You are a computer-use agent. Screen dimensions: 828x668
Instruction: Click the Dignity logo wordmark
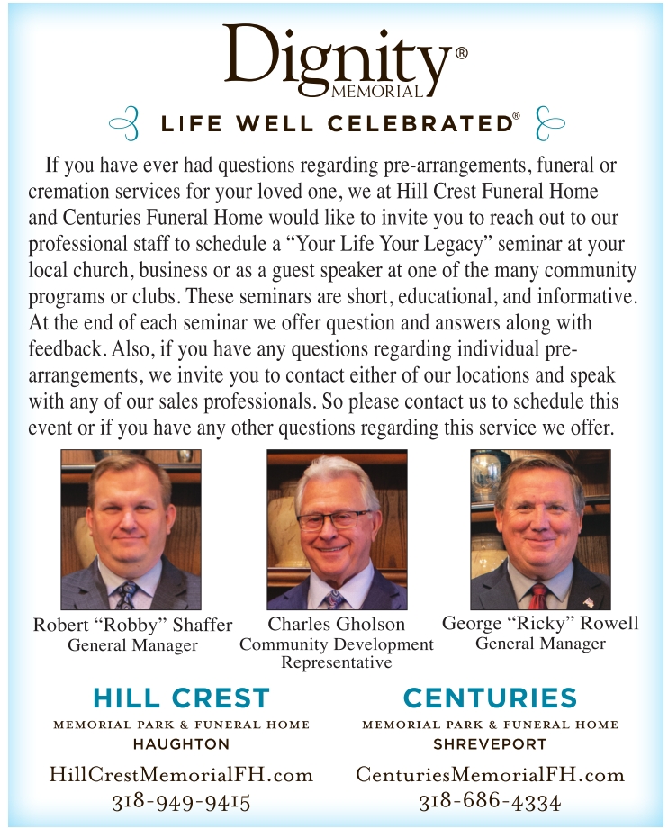coord(335,56)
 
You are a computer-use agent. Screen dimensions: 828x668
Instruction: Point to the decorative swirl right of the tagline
coord(548,124)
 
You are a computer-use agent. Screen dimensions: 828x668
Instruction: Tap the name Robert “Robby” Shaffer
coord(132,625)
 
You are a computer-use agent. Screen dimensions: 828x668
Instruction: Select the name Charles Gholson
coord(337,624)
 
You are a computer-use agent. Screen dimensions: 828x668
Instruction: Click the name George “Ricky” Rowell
coord(540,623)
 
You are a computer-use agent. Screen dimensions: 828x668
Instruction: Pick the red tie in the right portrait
coord(537,595)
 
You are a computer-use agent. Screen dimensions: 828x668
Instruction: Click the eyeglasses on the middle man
coord(333,520)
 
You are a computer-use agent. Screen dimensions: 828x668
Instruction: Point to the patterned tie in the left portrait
coord(127,595)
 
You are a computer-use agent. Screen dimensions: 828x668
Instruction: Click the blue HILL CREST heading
coord(181,697)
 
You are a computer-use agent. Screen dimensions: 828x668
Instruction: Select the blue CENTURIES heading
coord(490,697)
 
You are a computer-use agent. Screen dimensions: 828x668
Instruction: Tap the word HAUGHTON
coord(181,744)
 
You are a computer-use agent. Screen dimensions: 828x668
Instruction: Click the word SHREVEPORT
coord(490,744)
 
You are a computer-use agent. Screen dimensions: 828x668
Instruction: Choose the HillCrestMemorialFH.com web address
coord(181,774)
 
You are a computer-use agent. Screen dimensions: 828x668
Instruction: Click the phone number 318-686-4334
coord(490,801)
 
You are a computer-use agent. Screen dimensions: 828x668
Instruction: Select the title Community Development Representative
coord(337,653)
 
